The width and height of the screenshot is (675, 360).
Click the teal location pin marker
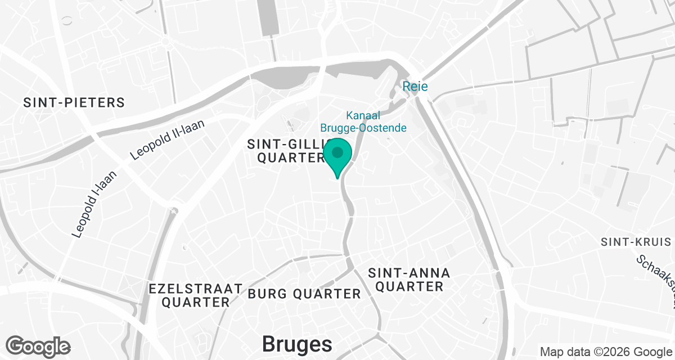tap(337, 154)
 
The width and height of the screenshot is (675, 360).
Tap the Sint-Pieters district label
tap(74, 103)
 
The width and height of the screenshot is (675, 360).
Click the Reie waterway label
tap(415, 87)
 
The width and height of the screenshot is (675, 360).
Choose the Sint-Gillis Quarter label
tap(286, 151)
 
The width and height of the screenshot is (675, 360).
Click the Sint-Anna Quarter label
tap(409, 280)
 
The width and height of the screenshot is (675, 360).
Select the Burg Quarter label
tap(304, 294)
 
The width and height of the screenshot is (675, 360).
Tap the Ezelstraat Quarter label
tap(196, 295)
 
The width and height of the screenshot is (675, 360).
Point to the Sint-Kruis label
tap(636, 242)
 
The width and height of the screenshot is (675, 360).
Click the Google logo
tap(38, 346)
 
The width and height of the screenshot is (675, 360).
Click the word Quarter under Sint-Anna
tap(409, 287)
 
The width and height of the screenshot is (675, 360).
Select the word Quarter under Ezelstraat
tap(196, 303)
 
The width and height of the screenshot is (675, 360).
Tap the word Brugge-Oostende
tap(363, 128)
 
